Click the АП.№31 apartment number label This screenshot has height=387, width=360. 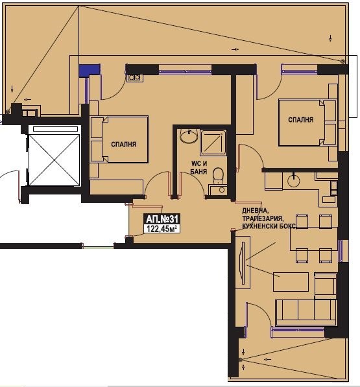click(162, 219)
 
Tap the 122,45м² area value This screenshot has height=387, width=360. click(162, 229)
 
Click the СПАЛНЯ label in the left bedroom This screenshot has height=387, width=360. click(123, 144)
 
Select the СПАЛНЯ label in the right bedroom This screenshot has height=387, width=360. click(301, 120)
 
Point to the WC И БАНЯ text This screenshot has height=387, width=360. click(199, 167)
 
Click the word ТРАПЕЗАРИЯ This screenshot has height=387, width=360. click(262, 218)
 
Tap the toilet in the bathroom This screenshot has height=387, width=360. click(218, 176)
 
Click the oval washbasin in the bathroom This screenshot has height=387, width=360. click(189, 135)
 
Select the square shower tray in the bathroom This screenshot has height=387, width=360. click(213, 143)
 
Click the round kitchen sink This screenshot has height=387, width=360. click(294, 180)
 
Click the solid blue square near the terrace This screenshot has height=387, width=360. click(89, 71)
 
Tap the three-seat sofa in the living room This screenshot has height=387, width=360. click(306, 312)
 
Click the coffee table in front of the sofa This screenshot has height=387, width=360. click(291, 282)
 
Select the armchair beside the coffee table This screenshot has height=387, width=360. click(326, 286)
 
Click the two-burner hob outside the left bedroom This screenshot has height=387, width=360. click(134, 78)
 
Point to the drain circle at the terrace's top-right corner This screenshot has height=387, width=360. click(342, 62)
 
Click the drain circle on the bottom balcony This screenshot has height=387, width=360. click(241, 360)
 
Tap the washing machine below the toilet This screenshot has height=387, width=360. click(218, 189)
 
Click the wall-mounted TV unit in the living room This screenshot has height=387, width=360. click(243, 263)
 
